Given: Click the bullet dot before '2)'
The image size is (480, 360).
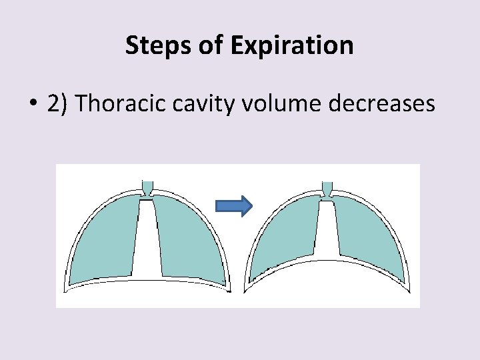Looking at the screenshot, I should click(32, 105).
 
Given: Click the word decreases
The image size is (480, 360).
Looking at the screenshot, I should click(387, 105).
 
